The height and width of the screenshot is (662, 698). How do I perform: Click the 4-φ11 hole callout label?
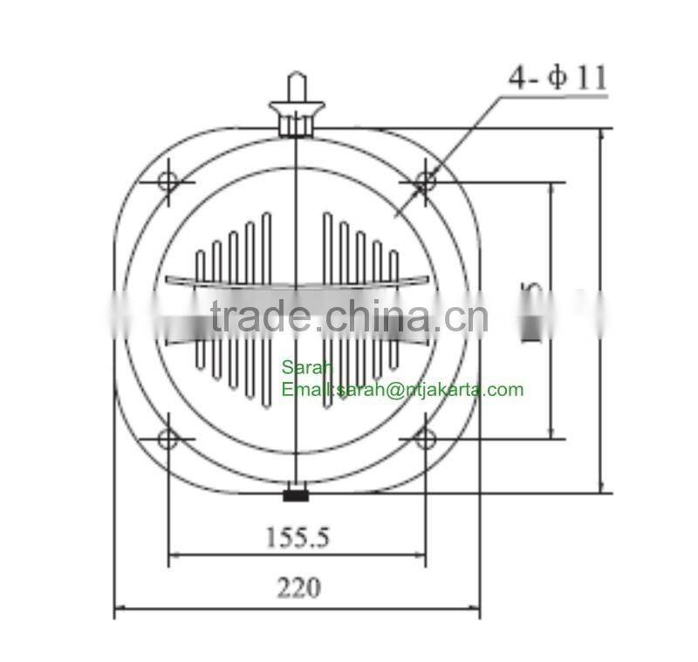pos(557,78)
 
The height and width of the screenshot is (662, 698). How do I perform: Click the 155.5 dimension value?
pos(298,536)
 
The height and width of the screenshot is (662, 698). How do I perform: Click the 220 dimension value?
pos(298,588)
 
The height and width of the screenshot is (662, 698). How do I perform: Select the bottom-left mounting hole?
pos(169,438)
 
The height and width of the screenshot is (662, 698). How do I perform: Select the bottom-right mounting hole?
pos(426,438)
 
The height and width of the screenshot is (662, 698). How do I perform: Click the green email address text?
pos(402,390)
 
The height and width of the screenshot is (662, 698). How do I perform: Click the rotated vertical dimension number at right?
pos(531,311)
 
